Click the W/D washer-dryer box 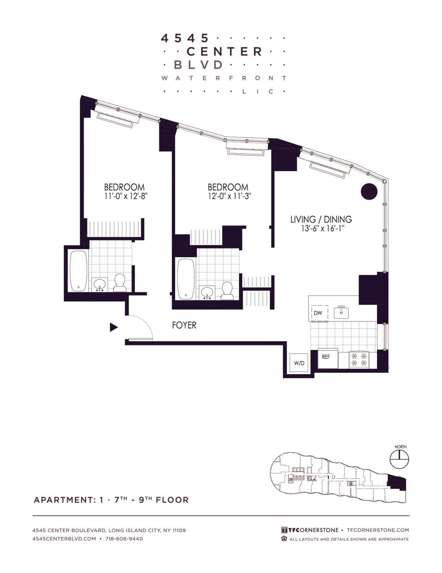(x=299, y=363)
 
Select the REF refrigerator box (x=328, y=358)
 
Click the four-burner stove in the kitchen (x=359, y=359)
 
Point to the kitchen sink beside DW (x=341, y=312)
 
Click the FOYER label (x=184, y=325)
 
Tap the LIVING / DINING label (x=321, y=219)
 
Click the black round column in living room (x=369, y=191)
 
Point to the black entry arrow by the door (x=114, y=327)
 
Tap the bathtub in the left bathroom (x=78, y=271)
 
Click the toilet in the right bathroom (x=227, y=291)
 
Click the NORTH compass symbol (x=399, y=459)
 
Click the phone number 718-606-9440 (x=124, y=539)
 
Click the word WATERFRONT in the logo (x=224, y=78)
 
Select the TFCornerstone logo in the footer (x=310, y=530)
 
